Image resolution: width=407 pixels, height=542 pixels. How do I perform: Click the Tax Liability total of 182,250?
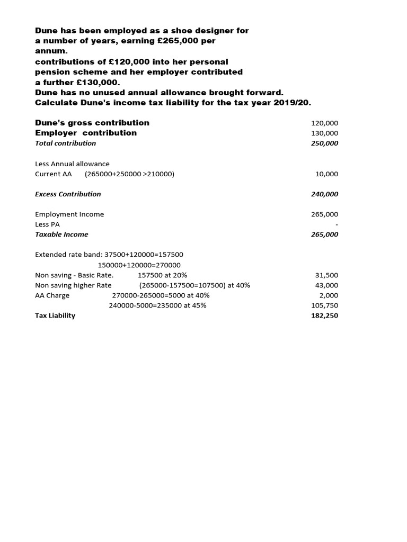coord(324,315)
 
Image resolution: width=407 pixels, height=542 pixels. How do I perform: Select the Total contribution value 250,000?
coord(324,143)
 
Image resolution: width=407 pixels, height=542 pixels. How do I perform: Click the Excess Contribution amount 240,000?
coord(324,194)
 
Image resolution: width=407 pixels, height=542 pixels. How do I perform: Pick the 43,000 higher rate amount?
coord(326,285)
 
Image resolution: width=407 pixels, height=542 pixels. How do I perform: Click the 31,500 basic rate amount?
coord(326,275)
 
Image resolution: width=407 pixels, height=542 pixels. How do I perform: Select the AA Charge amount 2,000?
coord(329,295)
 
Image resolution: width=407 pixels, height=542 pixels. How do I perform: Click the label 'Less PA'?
coord(47,224)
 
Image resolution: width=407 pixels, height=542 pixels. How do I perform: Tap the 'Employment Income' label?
coord(69,214)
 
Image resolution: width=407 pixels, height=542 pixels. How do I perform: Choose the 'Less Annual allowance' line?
coord(72,164)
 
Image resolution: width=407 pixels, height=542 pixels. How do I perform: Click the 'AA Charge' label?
coord(52,295)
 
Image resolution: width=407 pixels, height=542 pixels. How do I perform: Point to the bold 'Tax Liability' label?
coord(55,315)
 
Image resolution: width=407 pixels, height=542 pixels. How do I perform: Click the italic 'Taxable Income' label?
coord(61,234)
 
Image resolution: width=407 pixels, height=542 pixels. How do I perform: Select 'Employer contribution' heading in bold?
coord(86,133)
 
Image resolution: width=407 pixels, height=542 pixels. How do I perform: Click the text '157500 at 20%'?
coord(162,275)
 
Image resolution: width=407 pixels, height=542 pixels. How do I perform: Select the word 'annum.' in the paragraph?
coord(48,52)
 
